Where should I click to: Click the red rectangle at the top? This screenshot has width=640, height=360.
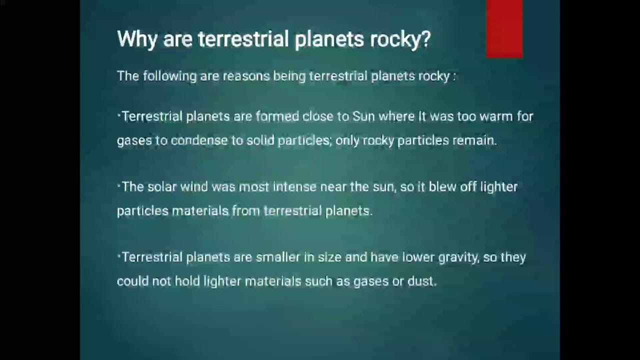(x=504, y=28)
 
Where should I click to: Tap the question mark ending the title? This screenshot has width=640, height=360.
(x=425, y=39)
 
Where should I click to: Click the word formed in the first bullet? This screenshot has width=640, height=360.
(x=276, y=116)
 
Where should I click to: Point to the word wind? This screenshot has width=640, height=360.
(x=194, y=187)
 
